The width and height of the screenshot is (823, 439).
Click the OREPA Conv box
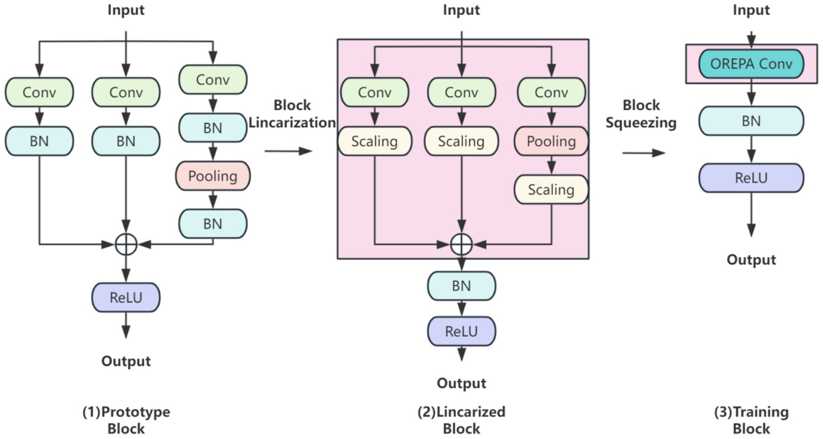751,64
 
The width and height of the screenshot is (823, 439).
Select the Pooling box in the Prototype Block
213,176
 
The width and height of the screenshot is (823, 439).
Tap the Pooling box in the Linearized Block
551,141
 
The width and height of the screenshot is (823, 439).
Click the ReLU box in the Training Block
751,178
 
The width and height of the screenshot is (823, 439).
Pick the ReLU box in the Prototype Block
126,298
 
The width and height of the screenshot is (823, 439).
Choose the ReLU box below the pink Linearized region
461,331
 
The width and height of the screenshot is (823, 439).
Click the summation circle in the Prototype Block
126,245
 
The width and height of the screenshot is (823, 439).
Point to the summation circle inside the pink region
461,245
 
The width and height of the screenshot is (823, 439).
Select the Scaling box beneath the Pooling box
551,190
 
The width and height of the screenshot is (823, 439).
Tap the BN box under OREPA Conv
751,121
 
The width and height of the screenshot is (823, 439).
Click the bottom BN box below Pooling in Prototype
213,224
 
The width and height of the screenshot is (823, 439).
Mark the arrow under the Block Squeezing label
643,153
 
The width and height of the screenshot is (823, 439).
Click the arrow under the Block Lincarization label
288,151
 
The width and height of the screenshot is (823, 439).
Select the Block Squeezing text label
641,113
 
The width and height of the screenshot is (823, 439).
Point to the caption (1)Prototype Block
126,420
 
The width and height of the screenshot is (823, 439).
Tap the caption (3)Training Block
751,420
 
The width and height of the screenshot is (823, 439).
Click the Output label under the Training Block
751,260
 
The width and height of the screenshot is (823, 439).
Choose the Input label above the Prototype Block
126,10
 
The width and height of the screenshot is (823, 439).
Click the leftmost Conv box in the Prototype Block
39,92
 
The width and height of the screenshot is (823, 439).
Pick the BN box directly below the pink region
461,286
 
